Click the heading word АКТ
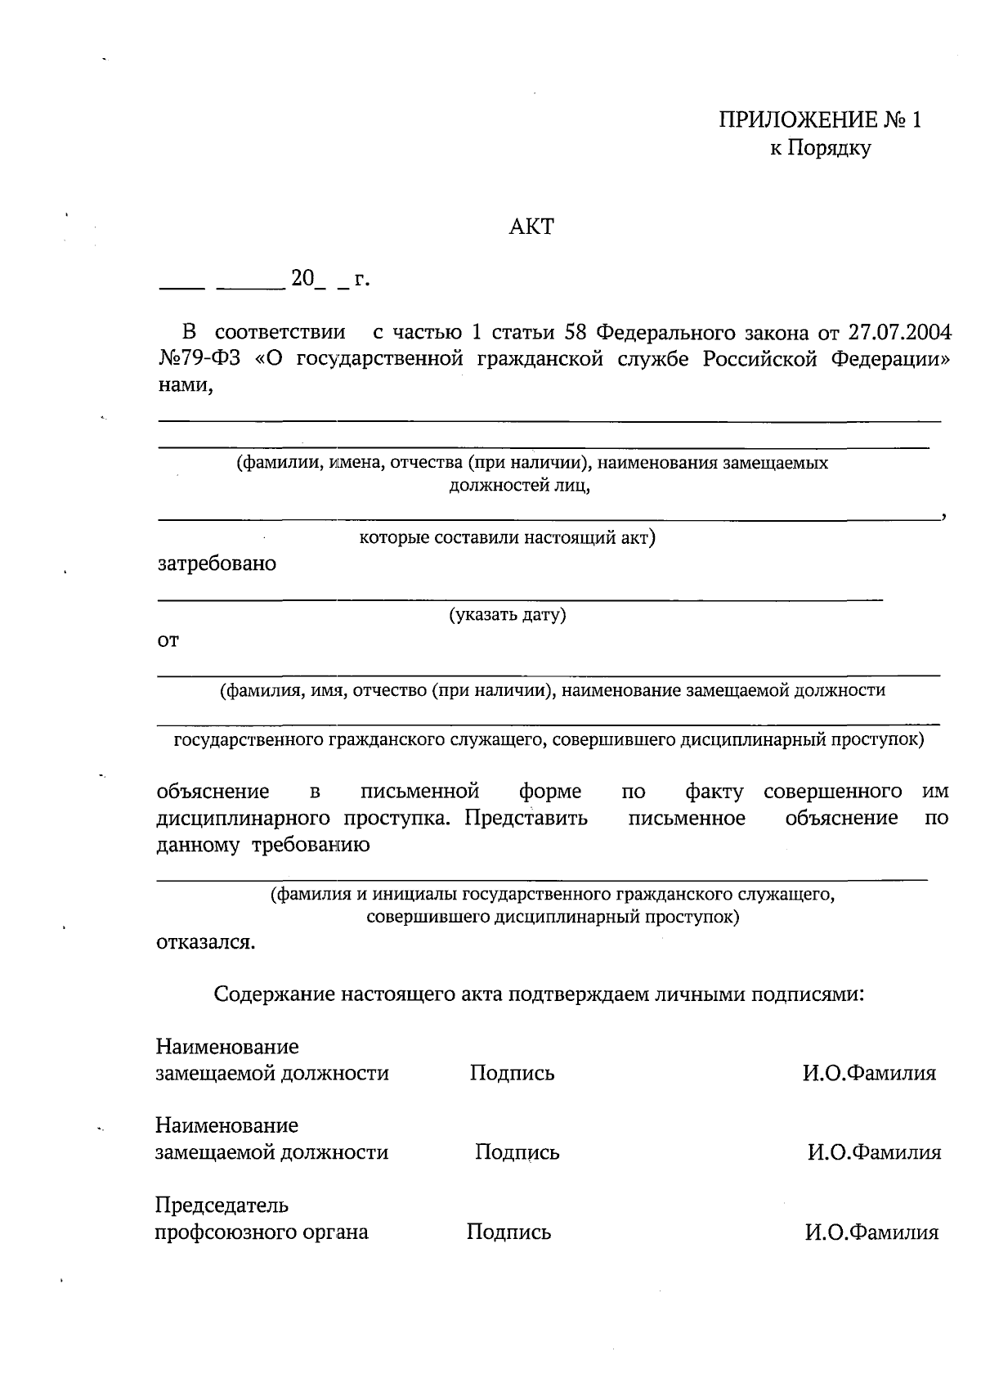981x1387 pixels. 531,227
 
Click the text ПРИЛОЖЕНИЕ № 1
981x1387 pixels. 820,121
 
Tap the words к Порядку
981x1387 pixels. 820,149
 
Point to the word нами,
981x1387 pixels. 186,386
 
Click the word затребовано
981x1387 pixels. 217,563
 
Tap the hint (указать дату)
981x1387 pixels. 507,614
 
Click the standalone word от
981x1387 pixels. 168,640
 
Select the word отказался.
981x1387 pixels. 205,942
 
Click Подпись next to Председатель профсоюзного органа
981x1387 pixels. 508,1232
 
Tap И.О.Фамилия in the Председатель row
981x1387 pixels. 871,1232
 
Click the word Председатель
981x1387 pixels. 222,1205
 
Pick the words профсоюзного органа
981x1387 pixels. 262,1232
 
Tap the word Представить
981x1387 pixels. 526,818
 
